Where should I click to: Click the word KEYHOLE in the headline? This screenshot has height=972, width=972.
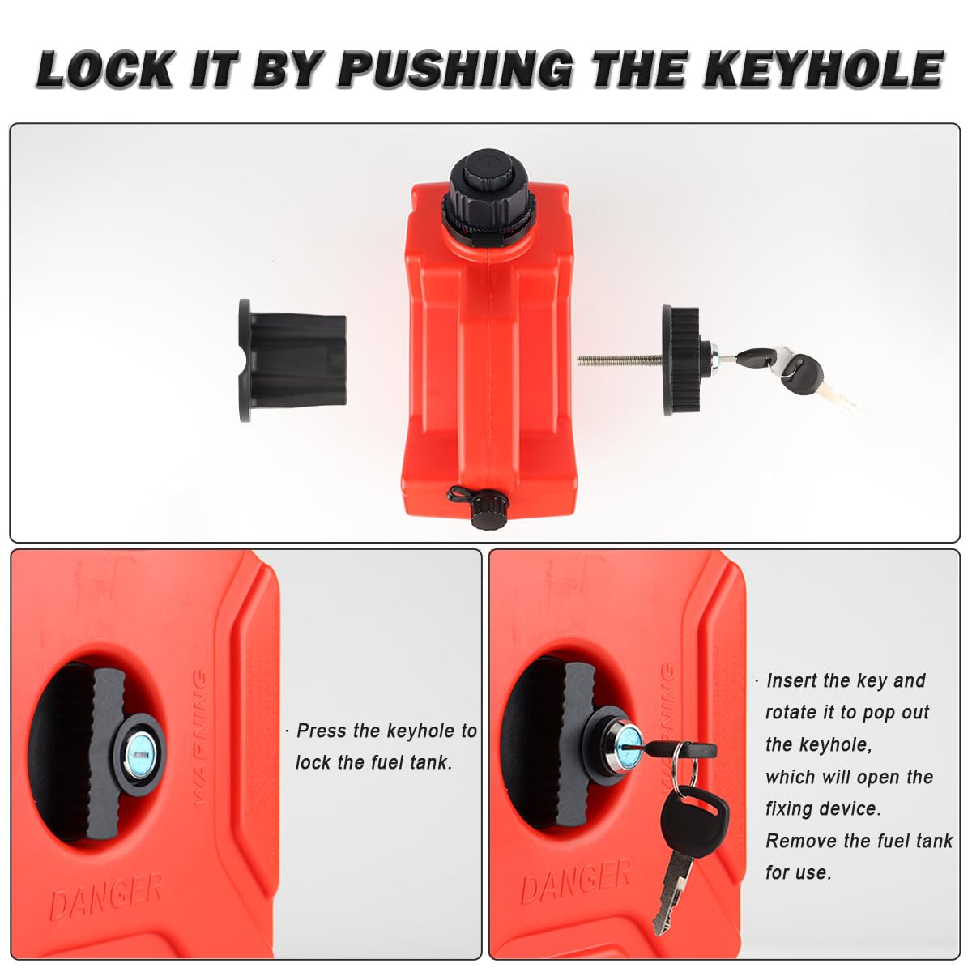click(x=822, y=68)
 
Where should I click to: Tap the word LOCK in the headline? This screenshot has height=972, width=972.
click(x=105, y=69)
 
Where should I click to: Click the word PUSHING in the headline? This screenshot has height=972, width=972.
click(x=455, y=69)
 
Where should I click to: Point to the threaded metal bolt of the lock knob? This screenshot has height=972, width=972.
click(x=620, y=360)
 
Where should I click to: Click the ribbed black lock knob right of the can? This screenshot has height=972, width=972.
click(x=684, y=360)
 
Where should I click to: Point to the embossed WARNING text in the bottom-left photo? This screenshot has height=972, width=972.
click(x=200, y=736)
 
